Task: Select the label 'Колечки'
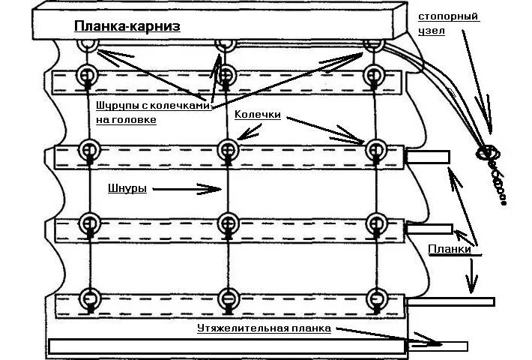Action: coord(257,115)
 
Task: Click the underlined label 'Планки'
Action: coord(449,249)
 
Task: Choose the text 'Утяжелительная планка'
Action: coord(263,328)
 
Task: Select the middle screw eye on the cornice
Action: coord(224,45)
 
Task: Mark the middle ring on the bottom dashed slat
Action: coord(226,297)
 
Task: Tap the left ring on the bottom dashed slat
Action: coord(90,297)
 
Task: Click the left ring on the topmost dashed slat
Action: coord(88,75)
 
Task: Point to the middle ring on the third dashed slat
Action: coord(226,223)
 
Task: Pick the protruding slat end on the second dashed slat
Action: coord(428,157)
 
